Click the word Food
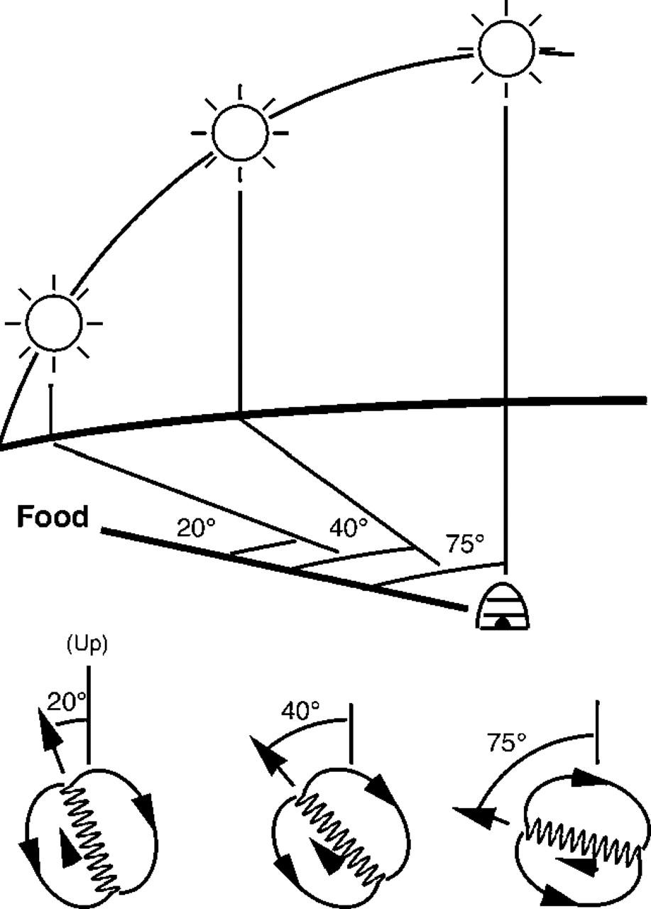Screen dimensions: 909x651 53,517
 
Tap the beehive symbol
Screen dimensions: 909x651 503,608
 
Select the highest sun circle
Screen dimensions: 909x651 506,48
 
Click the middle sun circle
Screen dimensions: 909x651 240,132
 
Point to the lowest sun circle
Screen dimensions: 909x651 54,323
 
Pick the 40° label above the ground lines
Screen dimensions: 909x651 349,528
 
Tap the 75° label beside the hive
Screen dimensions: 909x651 465,543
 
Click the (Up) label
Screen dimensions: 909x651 87,646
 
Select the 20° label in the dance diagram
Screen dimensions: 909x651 66,702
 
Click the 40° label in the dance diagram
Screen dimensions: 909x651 300,710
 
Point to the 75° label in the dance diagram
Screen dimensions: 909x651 506,743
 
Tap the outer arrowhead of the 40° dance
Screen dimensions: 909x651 263,751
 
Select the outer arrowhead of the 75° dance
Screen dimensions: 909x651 470,815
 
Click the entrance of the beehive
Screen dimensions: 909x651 503,622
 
